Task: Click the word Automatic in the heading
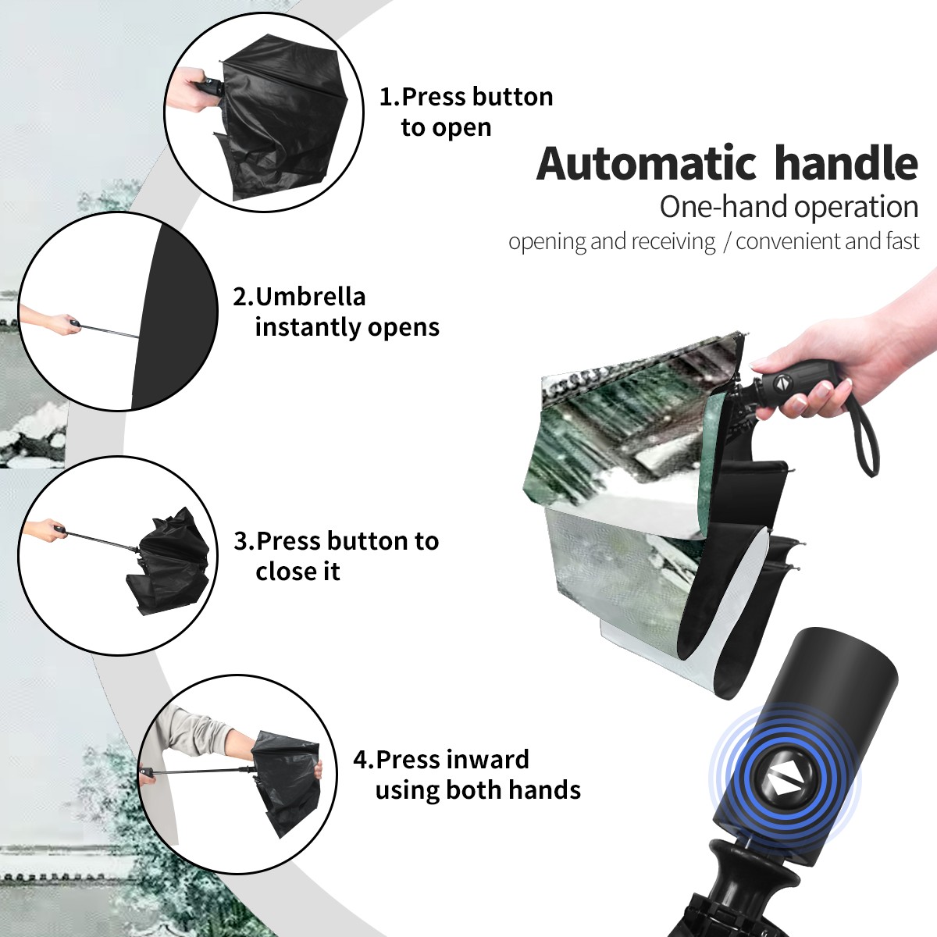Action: point(646,163)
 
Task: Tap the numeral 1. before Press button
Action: point(389,97)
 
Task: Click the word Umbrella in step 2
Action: point(310,297)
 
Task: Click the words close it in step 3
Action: point(297,571)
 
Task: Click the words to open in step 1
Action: point(446,128)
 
